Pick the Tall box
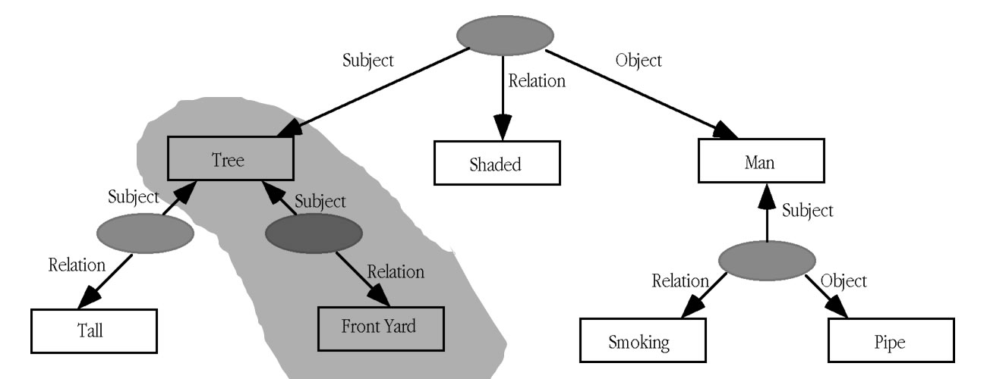click(93, 330)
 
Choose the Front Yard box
click(379, 327)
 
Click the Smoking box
click(639, 341)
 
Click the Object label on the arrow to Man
click(638, 59)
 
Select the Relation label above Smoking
click(680, 281)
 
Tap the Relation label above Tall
click(77, 265)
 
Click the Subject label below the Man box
click(807, 209)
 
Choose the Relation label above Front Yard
click(396, 271)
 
